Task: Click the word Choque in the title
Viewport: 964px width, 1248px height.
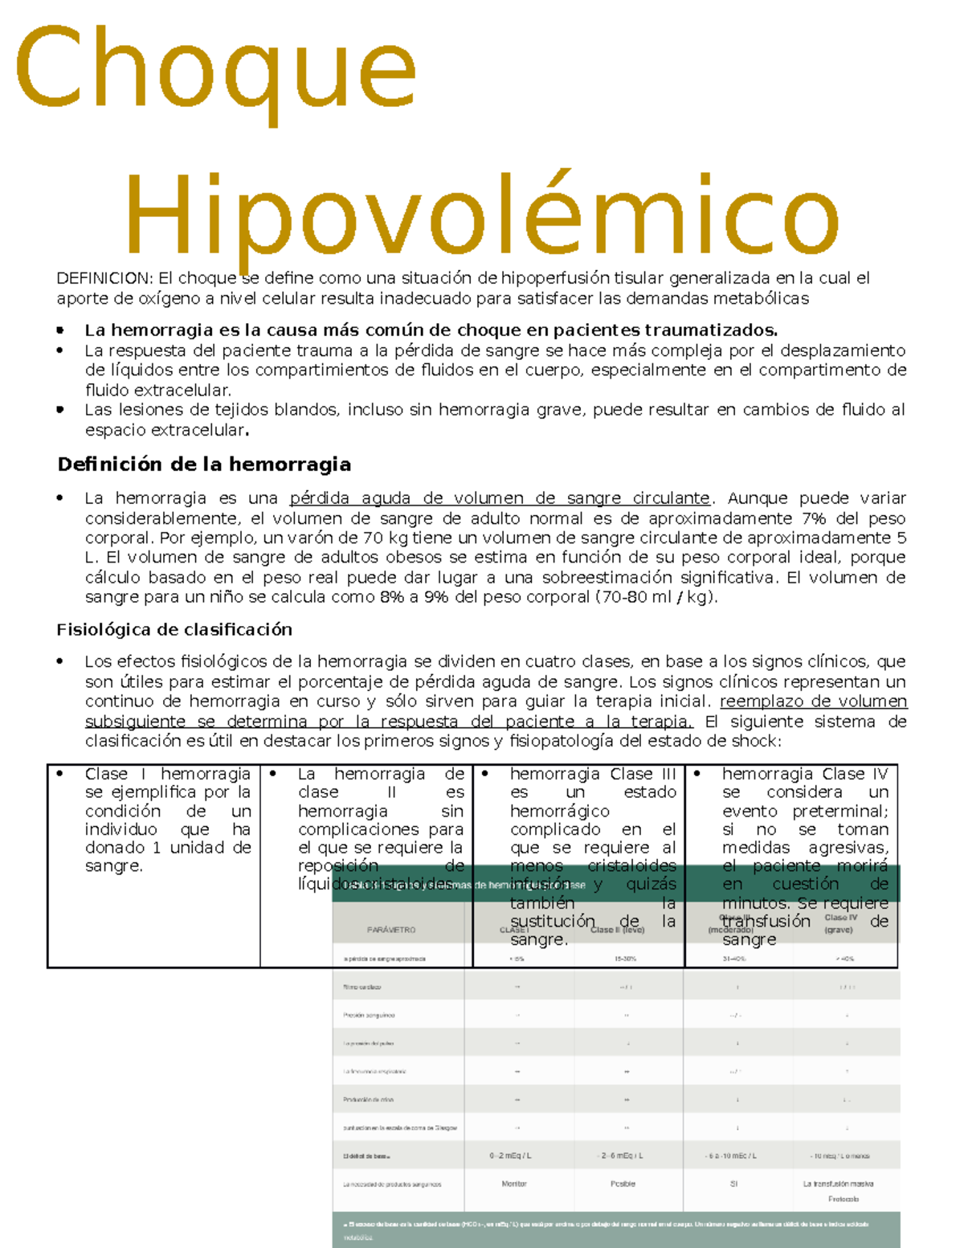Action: coord(215,70)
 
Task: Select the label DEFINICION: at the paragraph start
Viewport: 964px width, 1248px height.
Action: coord(104,279)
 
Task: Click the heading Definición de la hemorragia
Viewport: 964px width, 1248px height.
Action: coord(204,464)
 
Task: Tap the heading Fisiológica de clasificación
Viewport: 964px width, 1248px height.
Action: coord(174,629)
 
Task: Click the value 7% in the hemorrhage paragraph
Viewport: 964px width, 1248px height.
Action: coord(814,518)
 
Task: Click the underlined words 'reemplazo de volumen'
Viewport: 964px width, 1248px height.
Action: coord(813,702)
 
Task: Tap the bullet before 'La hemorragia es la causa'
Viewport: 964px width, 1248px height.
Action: coord(60,330)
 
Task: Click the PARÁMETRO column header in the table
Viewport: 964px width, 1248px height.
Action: coord(391,930)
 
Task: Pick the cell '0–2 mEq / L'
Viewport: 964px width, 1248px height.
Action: coord(511,1156)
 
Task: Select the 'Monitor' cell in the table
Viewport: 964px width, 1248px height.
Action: coord(514,1184)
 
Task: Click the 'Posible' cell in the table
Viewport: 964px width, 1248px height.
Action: coord(623,1184)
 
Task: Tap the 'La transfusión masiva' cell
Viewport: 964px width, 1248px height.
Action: coord(838,1184)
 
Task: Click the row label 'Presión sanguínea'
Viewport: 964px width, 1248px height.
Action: coord(369,1015)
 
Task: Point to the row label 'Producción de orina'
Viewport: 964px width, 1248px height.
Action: coord(368,1099)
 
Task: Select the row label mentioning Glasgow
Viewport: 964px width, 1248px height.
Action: coord(400,1127)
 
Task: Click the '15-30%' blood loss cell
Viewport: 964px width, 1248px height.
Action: coord(626,959)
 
